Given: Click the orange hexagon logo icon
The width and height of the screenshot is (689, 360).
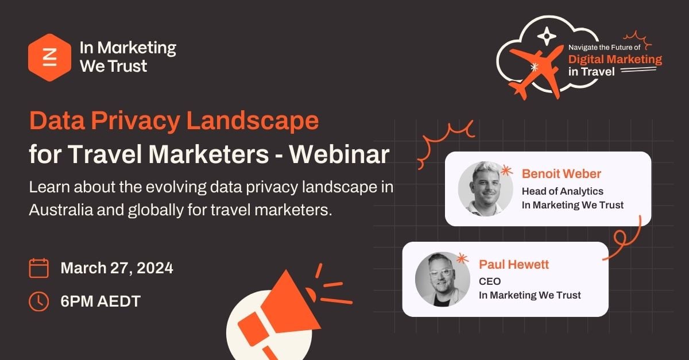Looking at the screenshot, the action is coord(49,57).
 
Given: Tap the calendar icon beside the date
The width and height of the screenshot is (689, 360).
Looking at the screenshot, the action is coord(39,268).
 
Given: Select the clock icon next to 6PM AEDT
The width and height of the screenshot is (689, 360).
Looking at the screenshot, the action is coord(39,301).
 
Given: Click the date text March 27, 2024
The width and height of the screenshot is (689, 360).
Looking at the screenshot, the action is coord(117,268).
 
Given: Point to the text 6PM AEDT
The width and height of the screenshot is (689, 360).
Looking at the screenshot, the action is coord(100,301).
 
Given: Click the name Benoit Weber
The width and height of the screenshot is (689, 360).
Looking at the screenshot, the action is coord(562,174).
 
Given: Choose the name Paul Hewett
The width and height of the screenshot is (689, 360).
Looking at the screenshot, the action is coord(514,264).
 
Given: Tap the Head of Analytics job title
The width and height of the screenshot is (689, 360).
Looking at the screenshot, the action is coord(563,191).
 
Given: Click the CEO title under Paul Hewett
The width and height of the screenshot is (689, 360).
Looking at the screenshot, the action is coord(490,281).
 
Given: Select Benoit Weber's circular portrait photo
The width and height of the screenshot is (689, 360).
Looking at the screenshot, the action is coord(485,189).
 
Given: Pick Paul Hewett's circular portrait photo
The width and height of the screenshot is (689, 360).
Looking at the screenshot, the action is coord(442,280).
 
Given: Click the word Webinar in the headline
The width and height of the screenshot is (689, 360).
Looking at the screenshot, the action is coord(339,154).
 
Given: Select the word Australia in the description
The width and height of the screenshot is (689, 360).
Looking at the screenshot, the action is coord(61,210).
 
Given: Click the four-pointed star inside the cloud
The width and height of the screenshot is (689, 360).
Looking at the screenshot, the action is coord(547,36).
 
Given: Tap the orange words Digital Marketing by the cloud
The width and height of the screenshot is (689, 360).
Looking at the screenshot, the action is coord(615,59).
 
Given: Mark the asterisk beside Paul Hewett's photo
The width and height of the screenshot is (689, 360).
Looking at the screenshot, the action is coord(462,258).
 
